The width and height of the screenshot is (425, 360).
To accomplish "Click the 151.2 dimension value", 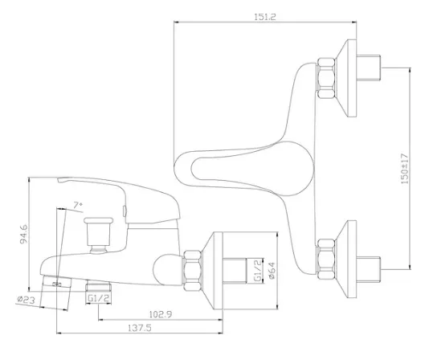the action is (x=264, y=17).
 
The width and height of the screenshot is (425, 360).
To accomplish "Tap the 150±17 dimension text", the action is (x=404, y=169).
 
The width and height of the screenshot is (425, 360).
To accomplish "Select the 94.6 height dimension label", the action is (x=24, y=234).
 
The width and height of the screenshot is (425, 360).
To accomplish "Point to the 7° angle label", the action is (x=78, y=205).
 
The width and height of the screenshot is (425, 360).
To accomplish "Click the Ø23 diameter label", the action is (x=26, y=300).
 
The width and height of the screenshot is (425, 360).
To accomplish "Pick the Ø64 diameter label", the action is (x=272, y=270).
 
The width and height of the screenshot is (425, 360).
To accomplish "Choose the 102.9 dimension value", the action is (x=161, y=314).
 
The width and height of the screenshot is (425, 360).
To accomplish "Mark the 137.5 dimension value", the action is (x=140, y=328).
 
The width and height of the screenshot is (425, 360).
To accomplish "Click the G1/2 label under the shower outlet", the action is (x=98, y=298).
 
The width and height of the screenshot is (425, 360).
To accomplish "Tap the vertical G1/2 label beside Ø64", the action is (x=258, y=270).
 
